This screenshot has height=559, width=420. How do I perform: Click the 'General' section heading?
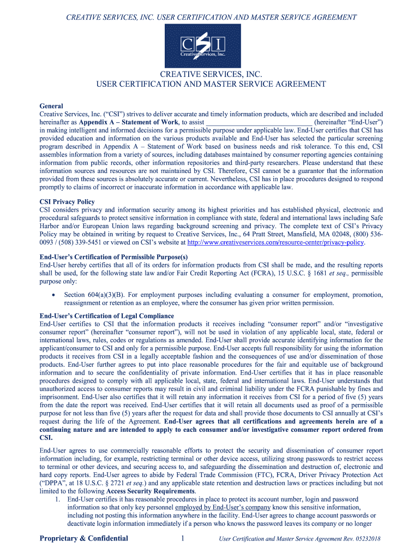point(51,106)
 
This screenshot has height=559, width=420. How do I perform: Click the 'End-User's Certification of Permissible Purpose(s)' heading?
point(114,257)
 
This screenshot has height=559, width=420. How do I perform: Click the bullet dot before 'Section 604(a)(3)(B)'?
point(52,295)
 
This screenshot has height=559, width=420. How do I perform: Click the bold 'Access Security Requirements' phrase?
point(150,491)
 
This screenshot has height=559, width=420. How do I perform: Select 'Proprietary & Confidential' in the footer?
point(84,538)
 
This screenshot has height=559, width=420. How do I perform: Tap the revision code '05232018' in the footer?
point(367,539)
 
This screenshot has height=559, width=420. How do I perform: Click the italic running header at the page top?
point(211,17)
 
